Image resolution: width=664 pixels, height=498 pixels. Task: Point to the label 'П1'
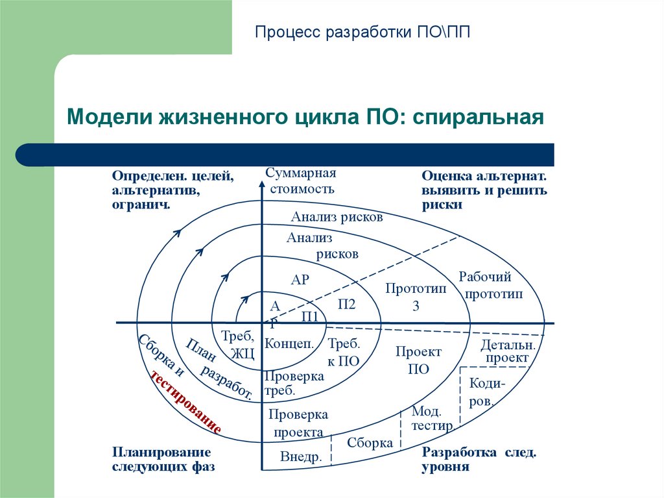tap(310, 317)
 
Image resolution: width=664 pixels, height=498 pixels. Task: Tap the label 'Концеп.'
tap(289, 344)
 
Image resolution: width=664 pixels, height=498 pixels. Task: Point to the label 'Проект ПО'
tap(418, 360)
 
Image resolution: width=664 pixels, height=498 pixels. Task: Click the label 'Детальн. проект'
tap(507, 351)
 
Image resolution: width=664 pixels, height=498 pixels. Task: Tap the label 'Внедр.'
tap(301, 457)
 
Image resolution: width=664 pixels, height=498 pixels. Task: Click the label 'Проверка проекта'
tap(298, 423)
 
